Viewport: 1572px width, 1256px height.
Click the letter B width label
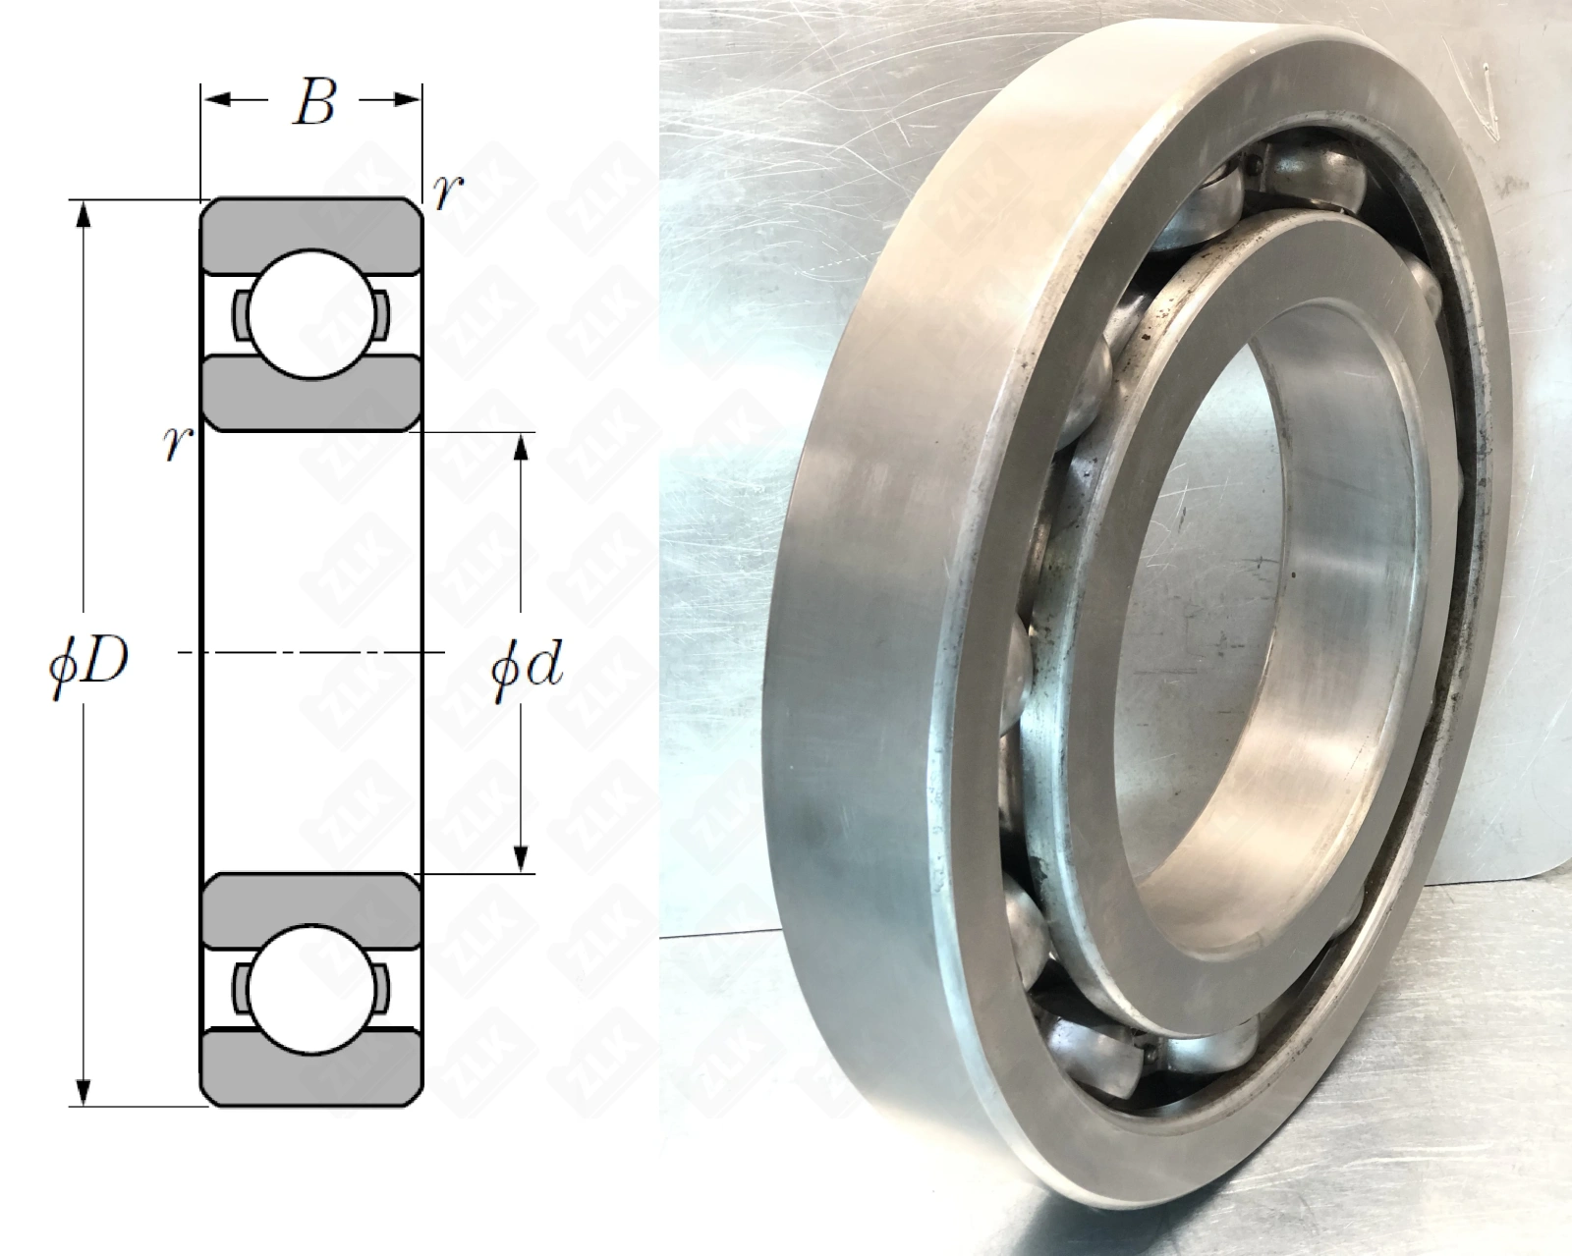(x=314, y=102)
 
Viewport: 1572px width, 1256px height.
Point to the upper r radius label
(x=447, y=192)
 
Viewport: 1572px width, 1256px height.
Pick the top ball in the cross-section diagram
(x=311, y=314)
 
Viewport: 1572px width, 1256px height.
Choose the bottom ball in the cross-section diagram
(x=311, y=990)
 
